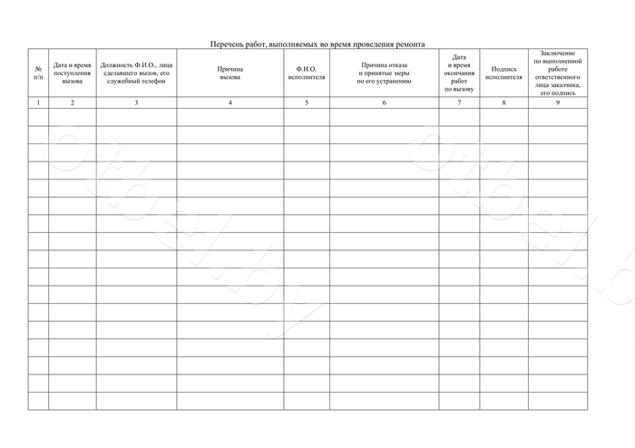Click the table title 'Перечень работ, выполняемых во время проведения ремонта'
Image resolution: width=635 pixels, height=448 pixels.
(317, 44)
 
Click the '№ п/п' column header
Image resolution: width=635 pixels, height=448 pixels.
(37, 73)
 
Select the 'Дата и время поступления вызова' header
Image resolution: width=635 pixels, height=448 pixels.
(73, 73)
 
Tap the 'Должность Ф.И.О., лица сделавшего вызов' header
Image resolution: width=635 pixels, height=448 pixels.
(136, 73)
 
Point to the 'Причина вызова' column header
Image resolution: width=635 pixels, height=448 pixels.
(230, 73)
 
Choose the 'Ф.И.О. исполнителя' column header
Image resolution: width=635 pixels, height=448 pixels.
(307, 73)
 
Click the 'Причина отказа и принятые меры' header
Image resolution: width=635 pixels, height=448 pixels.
(384, 73)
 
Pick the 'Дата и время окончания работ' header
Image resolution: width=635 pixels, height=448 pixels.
(459, 73)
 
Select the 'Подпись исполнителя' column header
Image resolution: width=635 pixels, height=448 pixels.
(503, 73)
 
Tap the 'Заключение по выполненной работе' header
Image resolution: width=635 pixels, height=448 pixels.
(558, 73)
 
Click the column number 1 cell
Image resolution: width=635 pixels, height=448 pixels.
(37, 102)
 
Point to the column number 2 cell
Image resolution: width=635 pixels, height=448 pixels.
(73, 102)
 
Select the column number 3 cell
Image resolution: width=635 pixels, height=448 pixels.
(136, 102)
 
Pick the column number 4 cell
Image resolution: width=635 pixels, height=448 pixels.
(230, 102)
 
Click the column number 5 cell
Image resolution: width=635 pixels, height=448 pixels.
(307, 102)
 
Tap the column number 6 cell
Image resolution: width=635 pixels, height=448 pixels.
(384, 102)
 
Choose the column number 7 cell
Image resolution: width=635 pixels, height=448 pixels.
(459, 102)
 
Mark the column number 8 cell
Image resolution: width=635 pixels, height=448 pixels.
(503, 102)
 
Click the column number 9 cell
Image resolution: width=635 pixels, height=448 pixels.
(558, 102)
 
